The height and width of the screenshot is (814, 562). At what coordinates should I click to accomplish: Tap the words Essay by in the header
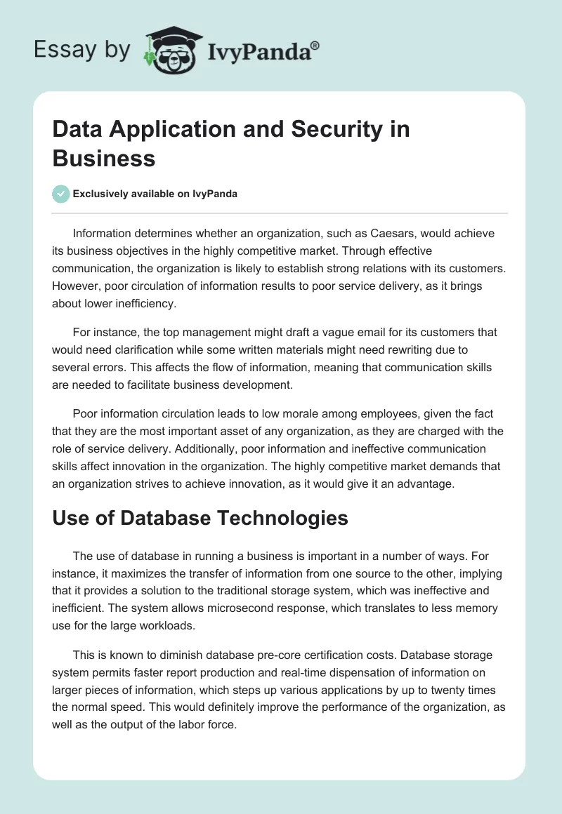pyautogui.click(x=81, y=50)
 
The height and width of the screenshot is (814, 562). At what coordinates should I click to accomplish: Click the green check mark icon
pyautogui.click(x=61, y=194)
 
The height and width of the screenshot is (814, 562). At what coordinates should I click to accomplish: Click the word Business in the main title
pyautogui.click(x=104, y=158)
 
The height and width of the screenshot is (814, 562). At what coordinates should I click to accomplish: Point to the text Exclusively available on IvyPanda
pyautogui.click(x=155, y=194)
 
